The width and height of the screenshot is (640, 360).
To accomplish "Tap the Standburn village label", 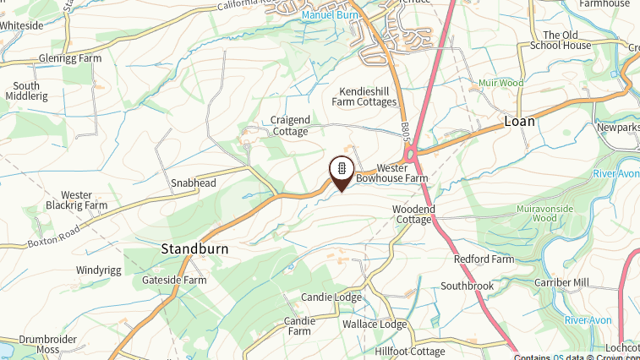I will click(x=194, y=250).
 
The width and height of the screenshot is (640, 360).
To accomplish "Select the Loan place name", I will click(x=520, y=121).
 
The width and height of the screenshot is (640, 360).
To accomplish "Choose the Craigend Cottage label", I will click(x=290, y=126).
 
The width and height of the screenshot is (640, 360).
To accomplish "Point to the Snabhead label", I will click(x=194, y=183).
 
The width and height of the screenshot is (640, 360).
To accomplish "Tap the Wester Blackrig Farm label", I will click(x=76, y=200).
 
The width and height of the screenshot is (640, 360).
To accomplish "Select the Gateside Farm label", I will click(x=174, y=280).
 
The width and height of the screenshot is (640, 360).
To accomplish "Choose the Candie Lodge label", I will click(x=331, y=297).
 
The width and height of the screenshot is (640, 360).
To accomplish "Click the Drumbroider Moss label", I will click(x=48, y=344).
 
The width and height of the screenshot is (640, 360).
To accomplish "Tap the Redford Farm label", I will click(x=484, y=259).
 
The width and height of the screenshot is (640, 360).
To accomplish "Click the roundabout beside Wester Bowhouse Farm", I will click(x=413, y=155).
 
